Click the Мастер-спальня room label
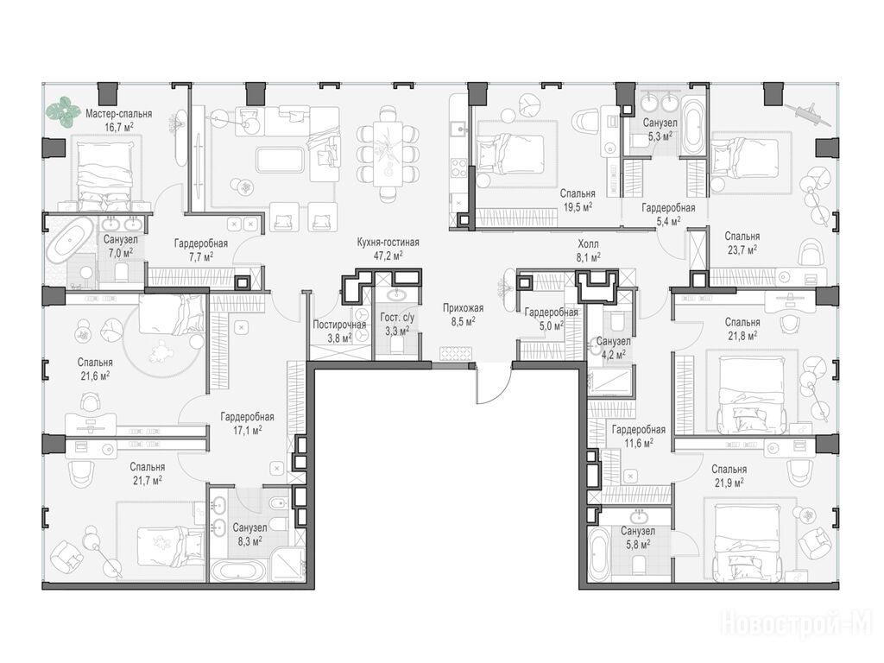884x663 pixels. click(119, 114)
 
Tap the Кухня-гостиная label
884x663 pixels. click(388, 243)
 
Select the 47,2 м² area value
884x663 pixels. click(388, 256)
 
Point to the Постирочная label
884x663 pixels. click(339, 325)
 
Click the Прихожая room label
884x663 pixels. click(464, 308)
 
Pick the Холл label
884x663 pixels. click(588, 244)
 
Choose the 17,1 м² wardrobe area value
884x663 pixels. click(247, 430)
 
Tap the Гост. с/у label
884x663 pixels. click(397, 318)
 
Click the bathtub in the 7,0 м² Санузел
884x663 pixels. click(70, 242)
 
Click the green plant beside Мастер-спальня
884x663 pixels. click(62, 111)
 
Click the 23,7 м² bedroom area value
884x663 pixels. click(742, 249)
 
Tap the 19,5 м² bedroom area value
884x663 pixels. click(578, 207)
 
